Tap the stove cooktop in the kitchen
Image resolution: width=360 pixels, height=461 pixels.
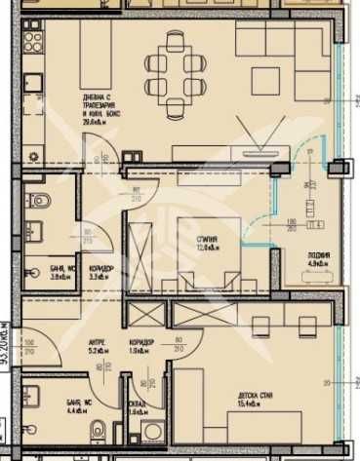point(33,44)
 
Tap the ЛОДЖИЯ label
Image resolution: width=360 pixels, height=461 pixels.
point(319,254)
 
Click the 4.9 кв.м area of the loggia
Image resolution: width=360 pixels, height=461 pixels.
point(319,263)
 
